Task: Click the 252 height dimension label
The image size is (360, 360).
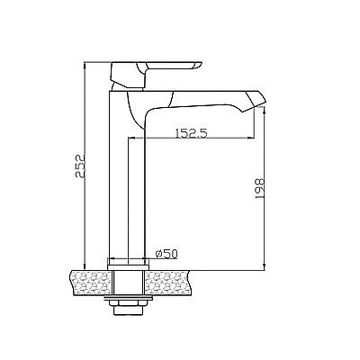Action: pos(80,166)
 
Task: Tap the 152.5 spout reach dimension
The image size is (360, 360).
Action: pos(192,132)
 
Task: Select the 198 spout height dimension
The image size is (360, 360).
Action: pos(259,188)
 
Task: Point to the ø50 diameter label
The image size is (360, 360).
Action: pos(166,254)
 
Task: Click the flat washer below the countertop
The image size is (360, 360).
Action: pos(128,298)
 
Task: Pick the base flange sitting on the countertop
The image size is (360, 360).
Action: pos(129,267)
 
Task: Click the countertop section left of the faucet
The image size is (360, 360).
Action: pos(91,283)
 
